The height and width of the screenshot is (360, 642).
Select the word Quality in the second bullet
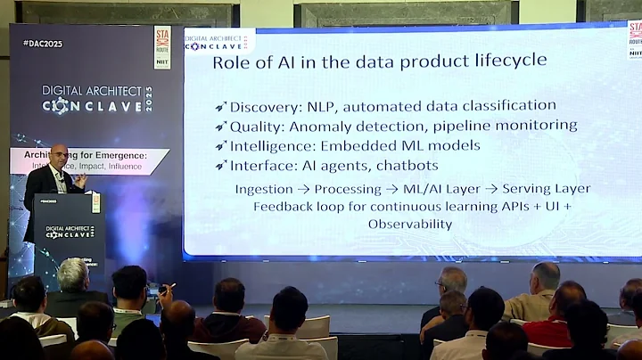point(254,126)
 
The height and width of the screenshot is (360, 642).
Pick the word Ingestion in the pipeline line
point(264,189)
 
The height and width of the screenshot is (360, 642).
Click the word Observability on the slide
point(409,224)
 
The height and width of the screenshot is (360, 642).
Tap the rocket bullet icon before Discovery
point(220,107)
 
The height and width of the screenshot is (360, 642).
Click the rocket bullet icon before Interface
point(220,166)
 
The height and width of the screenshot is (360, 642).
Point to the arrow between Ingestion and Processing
point(302,189)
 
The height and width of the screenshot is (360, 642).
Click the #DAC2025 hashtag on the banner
point(42,43)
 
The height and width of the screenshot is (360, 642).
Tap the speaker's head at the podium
point(58,154)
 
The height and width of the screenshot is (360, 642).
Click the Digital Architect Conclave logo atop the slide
point(218,42)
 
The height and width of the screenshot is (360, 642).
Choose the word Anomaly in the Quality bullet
point(342,126)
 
